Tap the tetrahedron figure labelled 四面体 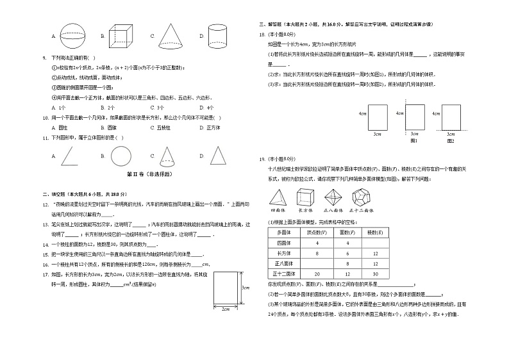coord(280,198)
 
